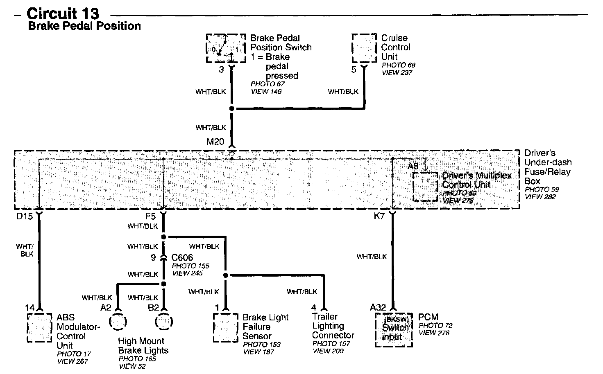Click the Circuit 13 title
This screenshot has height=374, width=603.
point(63,14)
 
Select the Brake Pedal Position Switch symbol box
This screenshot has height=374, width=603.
point(222,48)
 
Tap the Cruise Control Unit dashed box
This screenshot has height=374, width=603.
point(364,48)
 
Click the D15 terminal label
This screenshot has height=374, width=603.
point(24,216)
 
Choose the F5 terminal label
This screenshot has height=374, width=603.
point(150,216)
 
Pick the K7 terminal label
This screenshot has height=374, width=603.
point(379,216)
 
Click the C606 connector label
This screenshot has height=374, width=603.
point(182,258)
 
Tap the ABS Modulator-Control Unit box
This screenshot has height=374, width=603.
point(40,327)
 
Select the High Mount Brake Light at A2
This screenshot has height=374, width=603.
point(119,321)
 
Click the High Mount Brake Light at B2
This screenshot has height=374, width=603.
point(164,321)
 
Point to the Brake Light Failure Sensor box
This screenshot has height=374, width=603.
point(225,327)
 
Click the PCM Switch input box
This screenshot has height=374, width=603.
point(394,330)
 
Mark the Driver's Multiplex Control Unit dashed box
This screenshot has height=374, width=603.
point(425,187)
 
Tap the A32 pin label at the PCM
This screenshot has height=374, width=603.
point(378,307)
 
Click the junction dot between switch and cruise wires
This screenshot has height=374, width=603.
point(231,109)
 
